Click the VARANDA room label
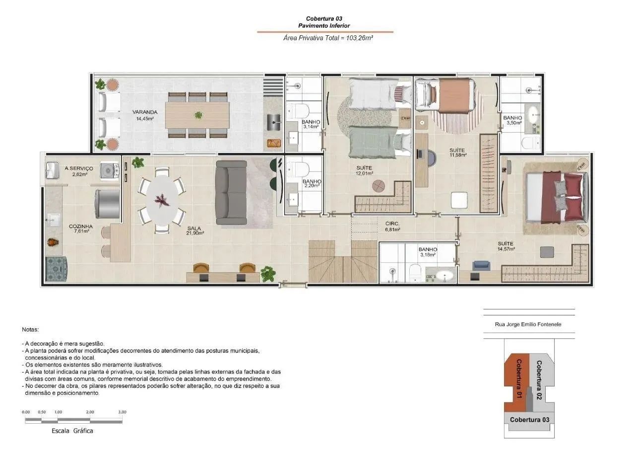tap(144, 112)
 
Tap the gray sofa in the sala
tap(231, 193)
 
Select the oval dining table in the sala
tap(162, 200)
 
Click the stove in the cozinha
tap(56, 269)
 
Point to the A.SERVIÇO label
tap(79, 168)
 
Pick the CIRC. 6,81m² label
tap(392, 226)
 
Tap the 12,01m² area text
tap(365, 173)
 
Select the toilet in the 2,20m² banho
tap(299, 169)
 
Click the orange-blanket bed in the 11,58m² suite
tap(445, 94)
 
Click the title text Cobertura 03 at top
tap(324, 18)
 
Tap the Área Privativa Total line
tap(328, 38)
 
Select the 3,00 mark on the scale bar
tap(122, 412)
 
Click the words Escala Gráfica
tap(72, 431)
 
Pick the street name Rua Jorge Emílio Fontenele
tap(528, 324)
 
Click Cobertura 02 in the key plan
tap(539, 380)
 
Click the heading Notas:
tap(30, 330)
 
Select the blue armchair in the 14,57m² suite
tap(481, 265)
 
